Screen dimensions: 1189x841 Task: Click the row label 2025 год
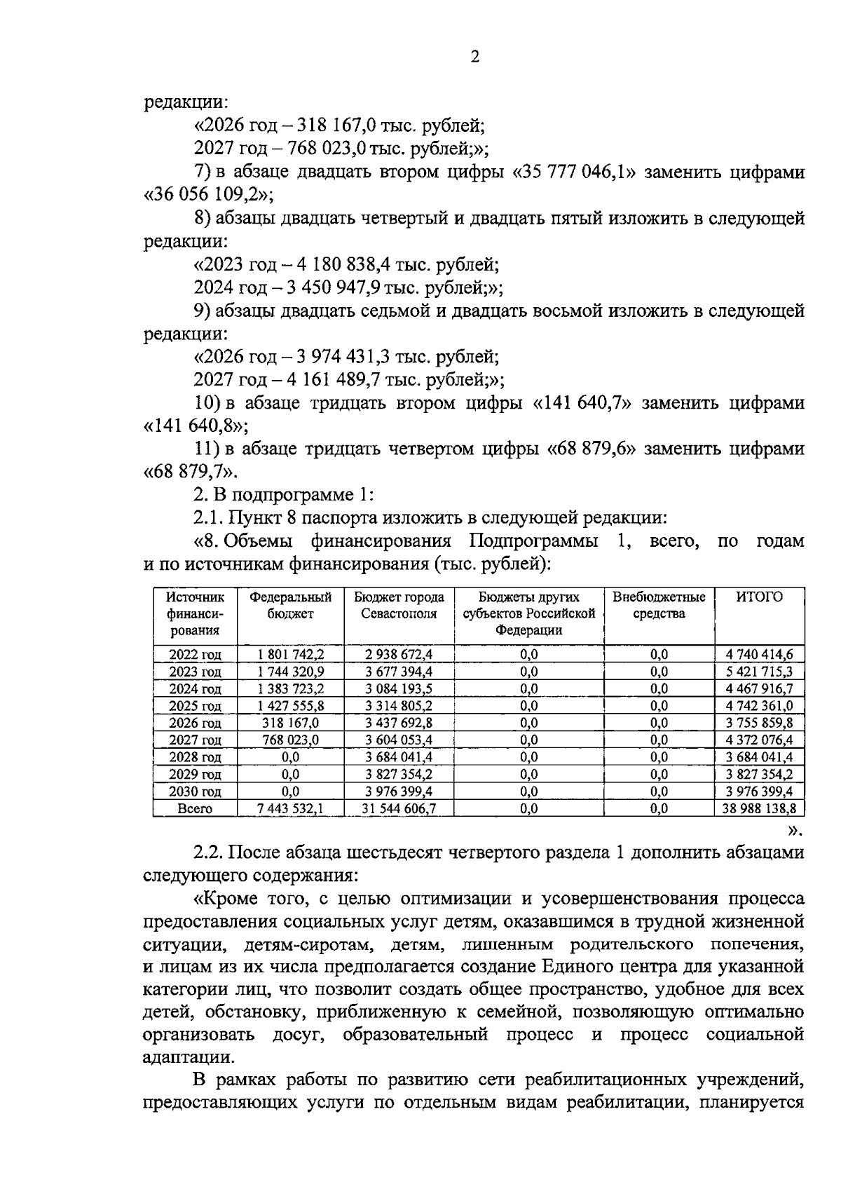[x=195, y=706]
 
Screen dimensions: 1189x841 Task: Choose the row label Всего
[x=195, y=809]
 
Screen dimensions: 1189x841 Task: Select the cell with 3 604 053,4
[x=399, y=740]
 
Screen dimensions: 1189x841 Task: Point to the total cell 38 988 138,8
[x=759, y=809]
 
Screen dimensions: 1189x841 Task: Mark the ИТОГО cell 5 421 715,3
[x=759, y=672]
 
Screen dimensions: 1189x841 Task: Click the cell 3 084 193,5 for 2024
[x=399, y=689]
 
